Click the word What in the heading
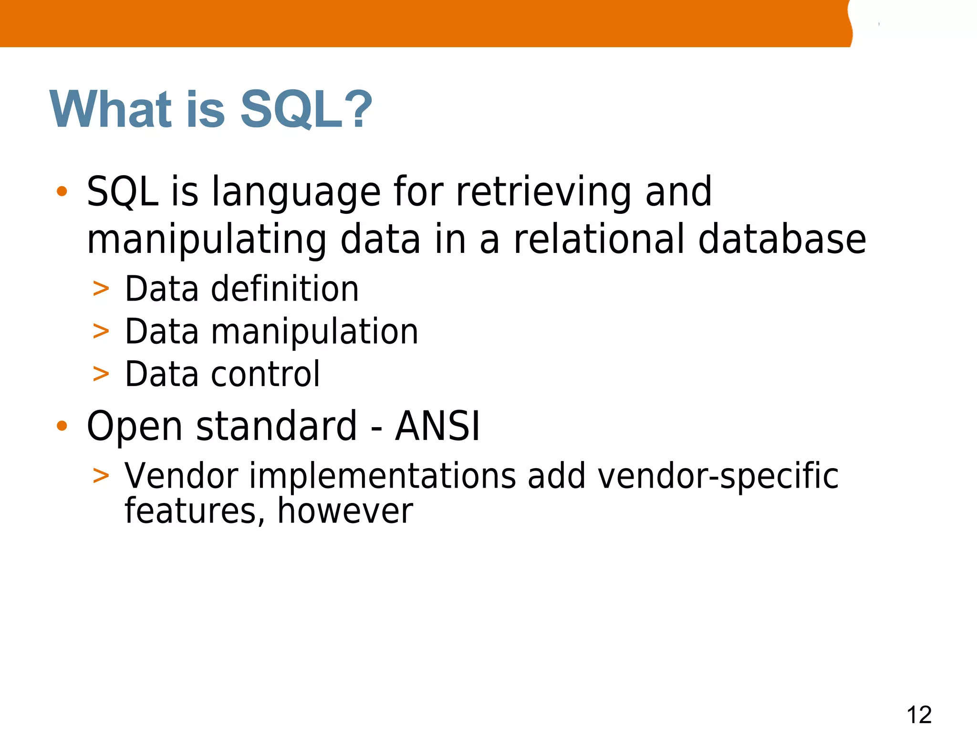click(x=111, y=110)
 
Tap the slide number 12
click(x=919, y=715)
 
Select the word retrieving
click(x=543, y=192)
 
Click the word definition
click(x=285, y=289)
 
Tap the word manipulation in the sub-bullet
click(x=315, y=332)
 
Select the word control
click(x=265, y=374)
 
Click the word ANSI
click(x=437, y=426)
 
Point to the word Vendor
click(x=181, y=476)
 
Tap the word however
click(x=345, y=512)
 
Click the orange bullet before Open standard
click(x=62, y=426)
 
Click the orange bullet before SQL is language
click(x=62, y=192)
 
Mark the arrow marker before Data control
click(x=101, y=374)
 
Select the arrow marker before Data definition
click(x=101, y=289)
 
